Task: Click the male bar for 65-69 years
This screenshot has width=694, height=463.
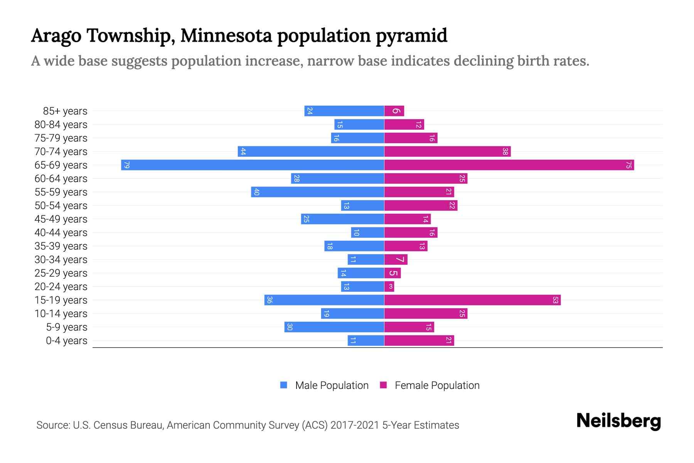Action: tap(253, 165)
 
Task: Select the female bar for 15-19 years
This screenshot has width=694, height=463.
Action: tap(472, 300)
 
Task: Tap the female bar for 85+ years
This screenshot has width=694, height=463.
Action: tap(394, 111)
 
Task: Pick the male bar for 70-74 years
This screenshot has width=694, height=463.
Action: tap(311, 152)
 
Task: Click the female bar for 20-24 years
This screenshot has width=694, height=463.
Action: tap(389, 287)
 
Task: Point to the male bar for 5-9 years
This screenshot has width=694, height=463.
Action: tap(334, 327)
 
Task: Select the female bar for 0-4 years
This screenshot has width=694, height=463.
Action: tap(419, 341)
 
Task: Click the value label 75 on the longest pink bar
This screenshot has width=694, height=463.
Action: tap(628, 165)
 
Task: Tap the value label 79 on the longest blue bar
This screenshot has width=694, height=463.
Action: tap(126, 165)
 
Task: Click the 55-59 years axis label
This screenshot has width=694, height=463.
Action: tap(61, 192)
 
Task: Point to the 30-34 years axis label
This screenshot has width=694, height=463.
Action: tap(61, 260)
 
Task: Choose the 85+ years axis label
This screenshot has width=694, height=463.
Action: tap(65, 111)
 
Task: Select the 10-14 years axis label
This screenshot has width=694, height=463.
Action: tap(61, 314)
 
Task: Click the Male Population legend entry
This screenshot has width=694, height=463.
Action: tap(332, 385)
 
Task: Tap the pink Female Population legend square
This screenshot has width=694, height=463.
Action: tap(383, 385)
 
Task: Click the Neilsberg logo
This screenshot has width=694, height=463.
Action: tap(618, 421)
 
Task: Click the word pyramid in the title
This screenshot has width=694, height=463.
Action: tap(411, 36)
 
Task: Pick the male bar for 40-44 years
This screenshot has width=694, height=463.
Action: tap(367, 233)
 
